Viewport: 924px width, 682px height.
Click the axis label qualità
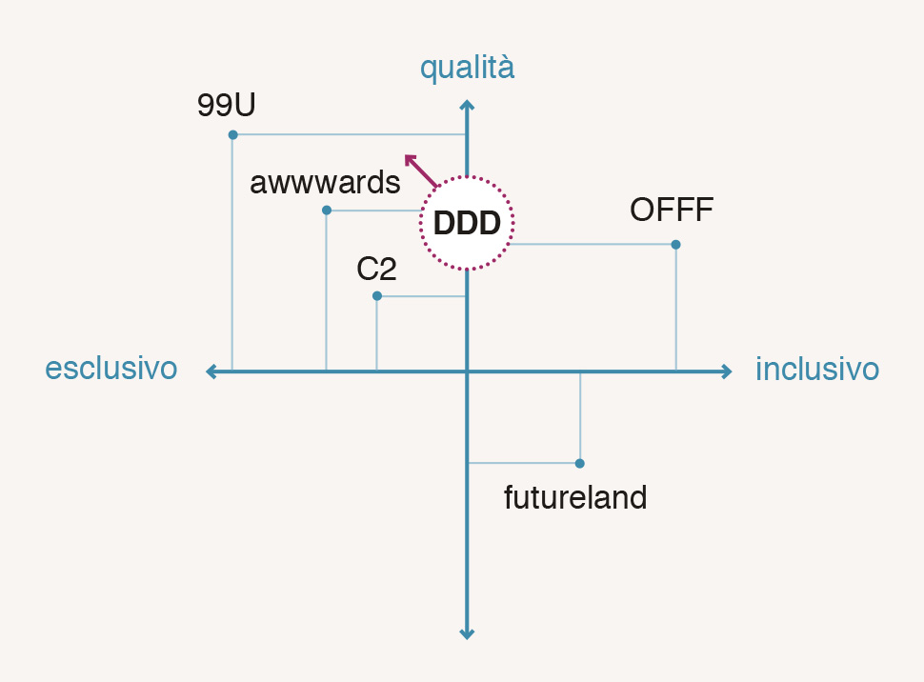point(467,69)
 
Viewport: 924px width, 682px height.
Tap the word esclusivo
point(111,370)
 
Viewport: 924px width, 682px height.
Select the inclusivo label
point(817,370)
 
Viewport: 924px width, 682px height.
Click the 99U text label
point(226,105)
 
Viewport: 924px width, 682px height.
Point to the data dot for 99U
point(232,134)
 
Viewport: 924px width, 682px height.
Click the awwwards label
point(325,183)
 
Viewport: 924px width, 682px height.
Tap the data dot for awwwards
point(327,210)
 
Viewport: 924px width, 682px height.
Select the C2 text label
point(376,271)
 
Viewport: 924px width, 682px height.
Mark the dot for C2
point(377,296)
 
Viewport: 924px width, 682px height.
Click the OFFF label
point(672,211)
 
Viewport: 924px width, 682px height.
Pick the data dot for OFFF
point(675,245)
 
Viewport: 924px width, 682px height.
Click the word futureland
point(575,497)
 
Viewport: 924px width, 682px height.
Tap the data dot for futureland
point(580,464)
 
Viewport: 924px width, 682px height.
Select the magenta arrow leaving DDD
point(420,170)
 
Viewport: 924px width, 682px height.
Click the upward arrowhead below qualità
point(467,105)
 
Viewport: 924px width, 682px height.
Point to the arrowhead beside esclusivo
point(211,371)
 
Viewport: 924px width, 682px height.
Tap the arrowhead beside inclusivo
point(726,371)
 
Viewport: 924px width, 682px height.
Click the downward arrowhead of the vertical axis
point(467,632)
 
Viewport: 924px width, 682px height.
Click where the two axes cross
point(467,371)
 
